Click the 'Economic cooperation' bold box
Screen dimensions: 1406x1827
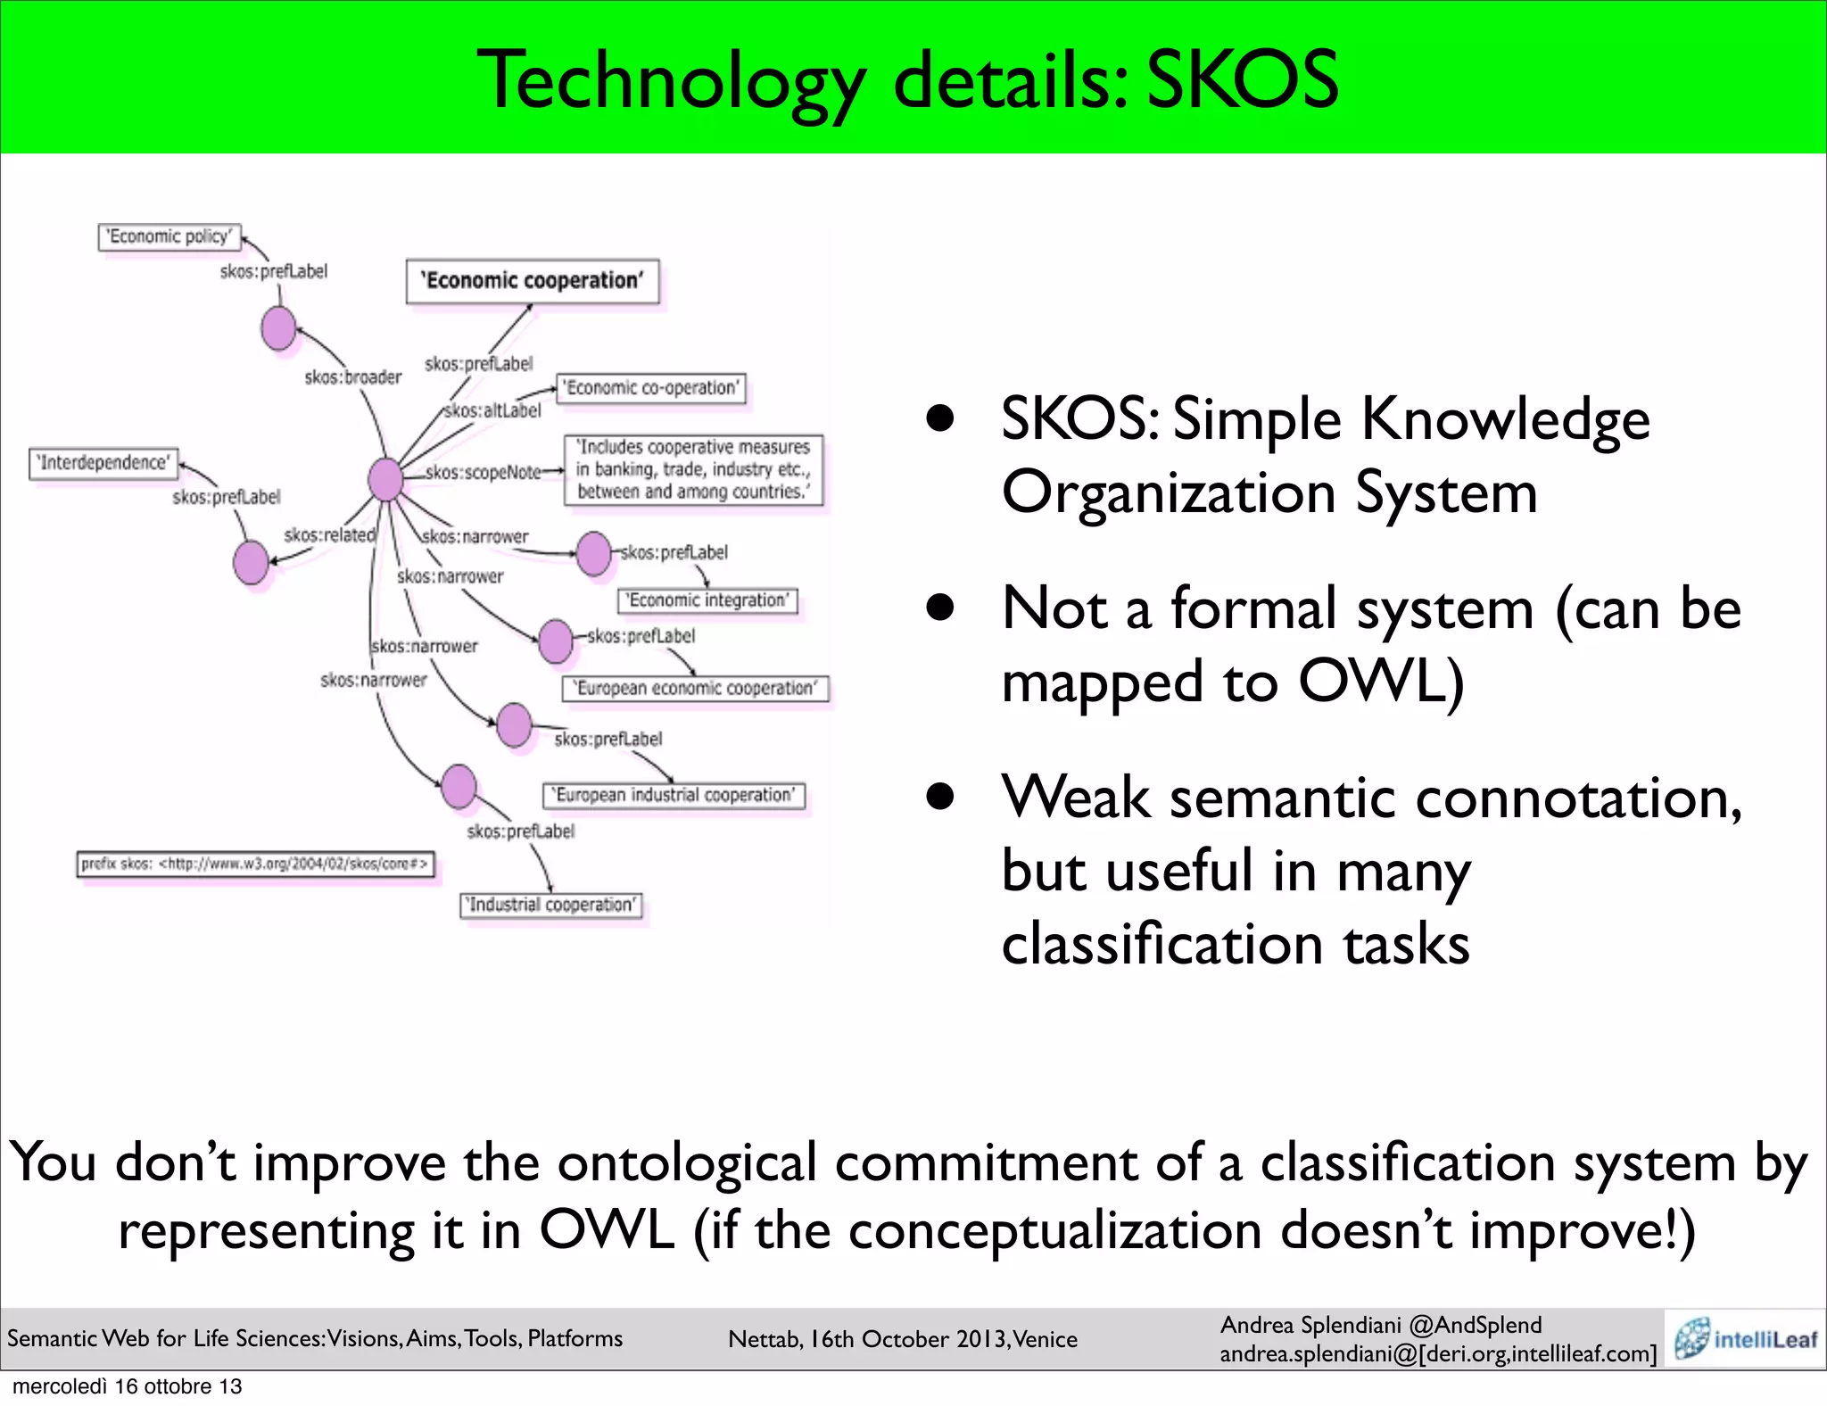coord(533,281)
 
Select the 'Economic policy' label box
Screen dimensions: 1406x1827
coord(169,236)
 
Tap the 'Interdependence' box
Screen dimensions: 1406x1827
coord(103,463)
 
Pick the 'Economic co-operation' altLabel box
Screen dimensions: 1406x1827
coord(651,388)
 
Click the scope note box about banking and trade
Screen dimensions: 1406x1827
coord(693,470)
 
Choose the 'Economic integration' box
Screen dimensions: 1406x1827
coord(707,600)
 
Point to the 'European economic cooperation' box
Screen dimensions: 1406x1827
coord(695,689)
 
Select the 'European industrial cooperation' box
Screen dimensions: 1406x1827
coord(674,795)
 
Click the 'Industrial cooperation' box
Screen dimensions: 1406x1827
coord(551,905)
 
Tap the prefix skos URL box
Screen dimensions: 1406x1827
coord(256,864)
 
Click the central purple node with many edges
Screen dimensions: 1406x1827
coord(385,479)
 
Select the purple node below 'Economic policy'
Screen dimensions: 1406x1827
coord(278,328)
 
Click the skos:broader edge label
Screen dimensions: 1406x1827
coord(353,377)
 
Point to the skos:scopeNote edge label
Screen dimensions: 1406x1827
coord(483,472)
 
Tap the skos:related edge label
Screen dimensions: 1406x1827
coord(329,535)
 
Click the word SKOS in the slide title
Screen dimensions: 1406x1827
coord(1242,80)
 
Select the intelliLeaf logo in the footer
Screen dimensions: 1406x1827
coord(1745,1339)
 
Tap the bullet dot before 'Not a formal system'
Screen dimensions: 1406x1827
coord(940,608)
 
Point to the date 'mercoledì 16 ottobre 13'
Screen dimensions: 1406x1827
coord(127,1386)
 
